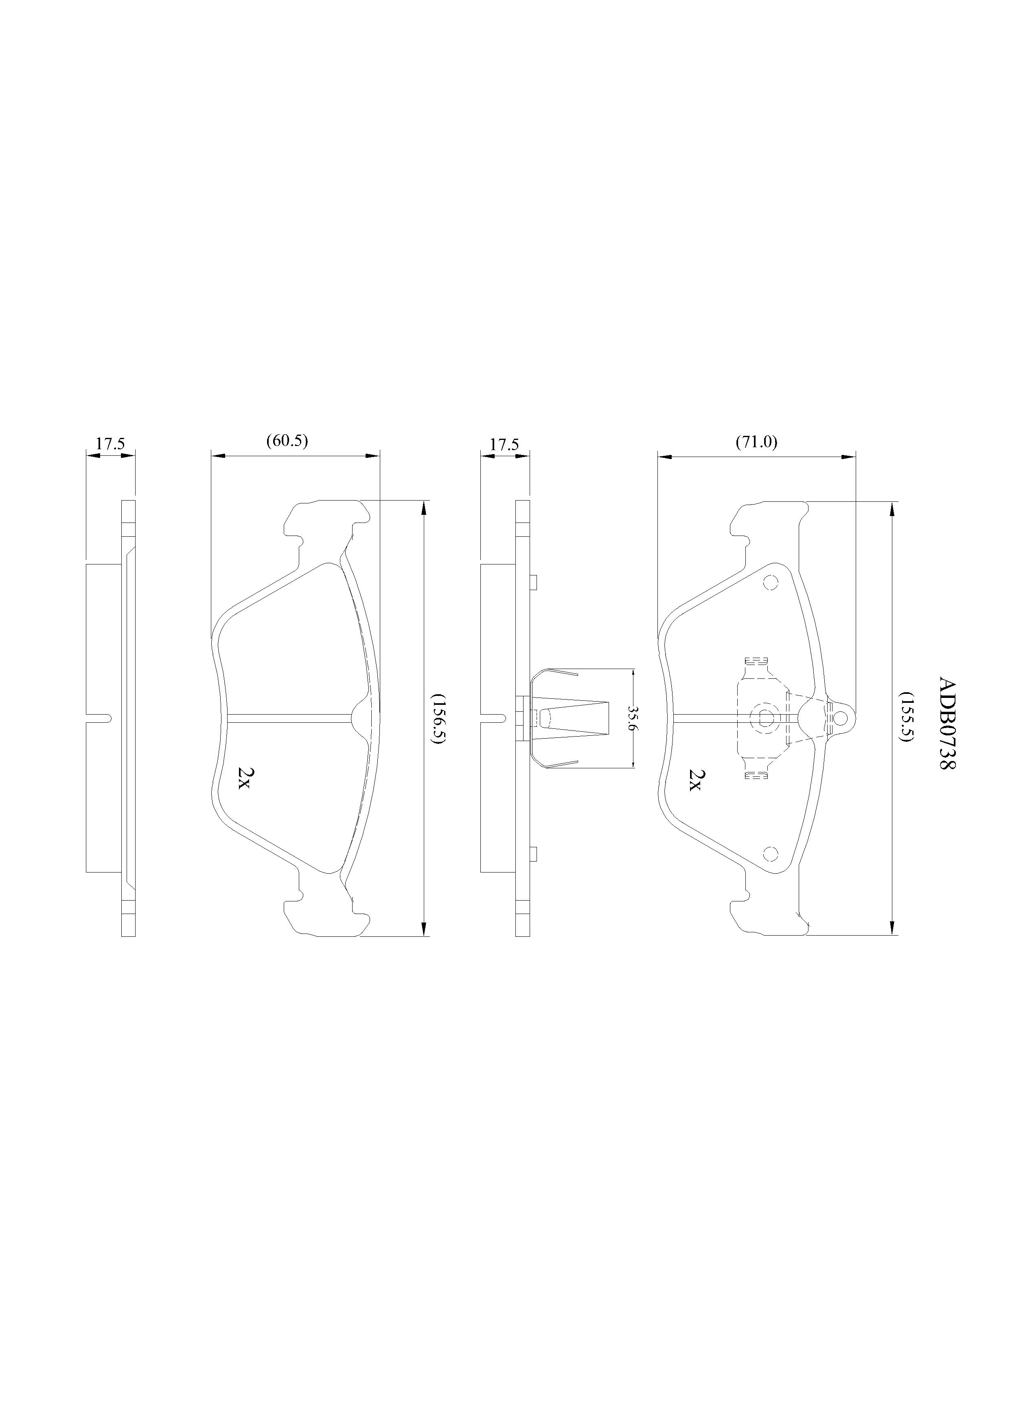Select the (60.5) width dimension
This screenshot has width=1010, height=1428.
pyautogui.click(x=287, y=441)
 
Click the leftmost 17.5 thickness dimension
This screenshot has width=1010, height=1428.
pyautogui.click(x=110, y=444)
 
